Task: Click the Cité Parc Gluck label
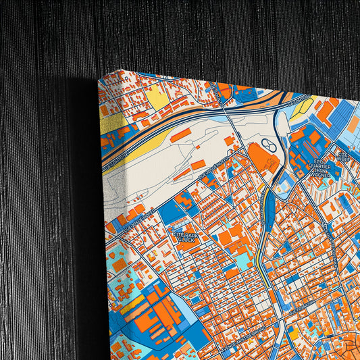coord(184,234)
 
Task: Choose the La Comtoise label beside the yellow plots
coord(297,101)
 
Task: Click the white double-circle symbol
coord(268,144)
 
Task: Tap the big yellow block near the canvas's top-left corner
coord(158,99)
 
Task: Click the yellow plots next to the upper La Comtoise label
coord(305,107)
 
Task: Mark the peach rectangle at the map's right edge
coord(354,124)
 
